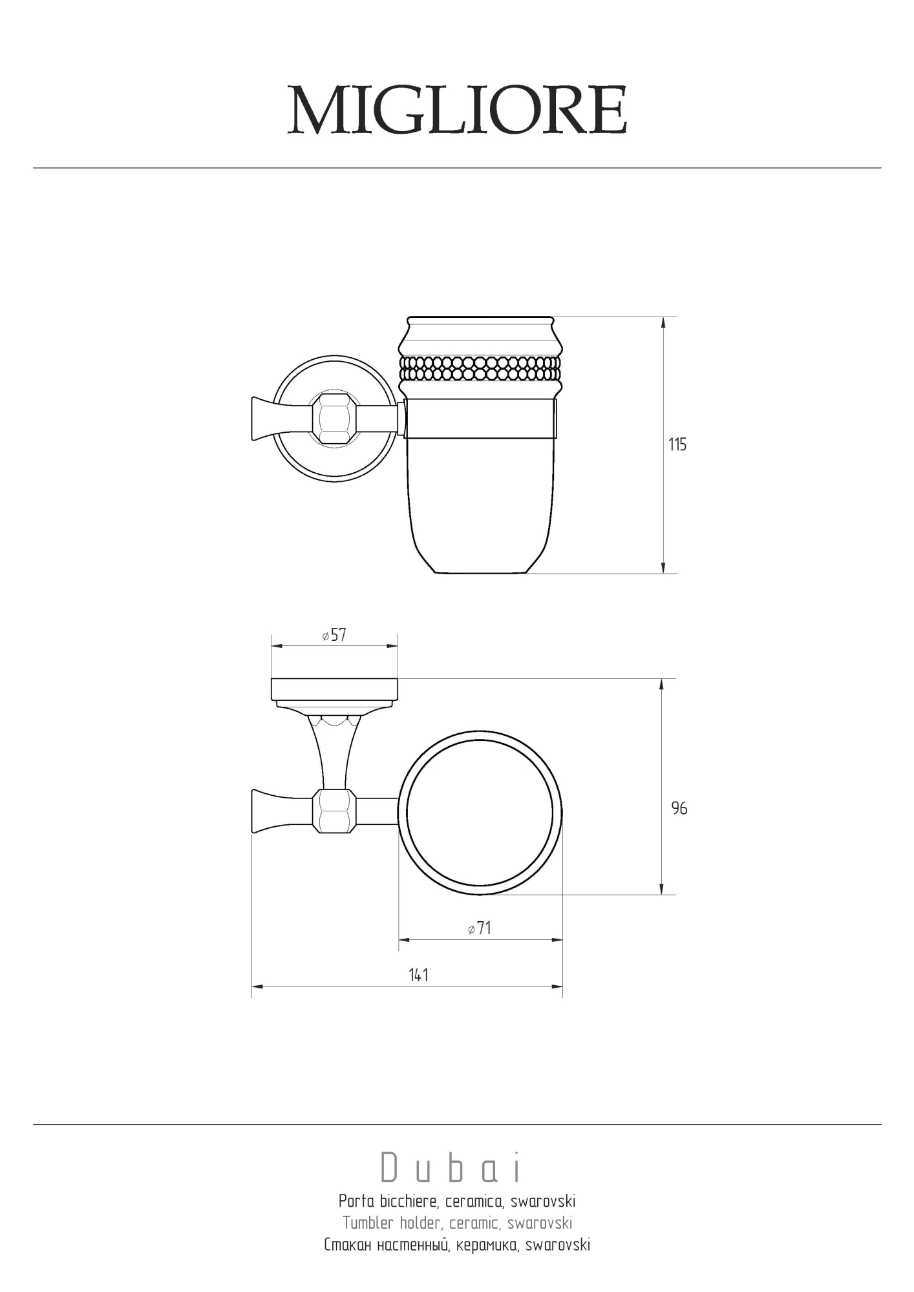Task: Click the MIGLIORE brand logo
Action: [457, 110]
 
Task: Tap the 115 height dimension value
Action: [677, 444]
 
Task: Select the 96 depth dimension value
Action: [679, 808]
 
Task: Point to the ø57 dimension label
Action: [334, 635]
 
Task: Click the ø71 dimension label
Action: [480, 928]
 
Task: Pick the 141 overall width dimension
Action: [418, 975]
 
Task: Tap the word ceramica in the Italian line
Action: [474, 1202]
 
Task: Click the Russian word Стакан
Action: [348, 1245]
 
